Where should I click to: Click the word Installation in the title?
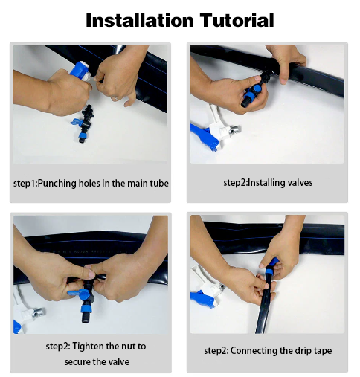140,20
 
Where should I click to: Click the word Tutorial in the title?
237,20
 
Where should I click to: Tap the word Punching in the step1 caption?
57,184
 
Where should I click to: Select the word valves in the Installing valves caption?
300,183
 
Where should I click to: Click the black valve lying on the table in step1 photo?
84,123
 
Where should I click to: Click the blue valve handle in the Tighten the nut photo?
78,293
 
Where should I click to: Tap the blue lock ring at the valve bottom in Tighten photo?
86,309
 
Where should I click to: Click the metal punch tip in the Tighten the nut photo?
39,312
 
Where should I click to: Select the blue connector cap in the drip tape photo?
271,265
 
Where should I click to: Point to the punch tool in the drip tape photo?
208,288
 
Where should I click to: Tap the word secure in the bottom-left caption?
77,362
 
